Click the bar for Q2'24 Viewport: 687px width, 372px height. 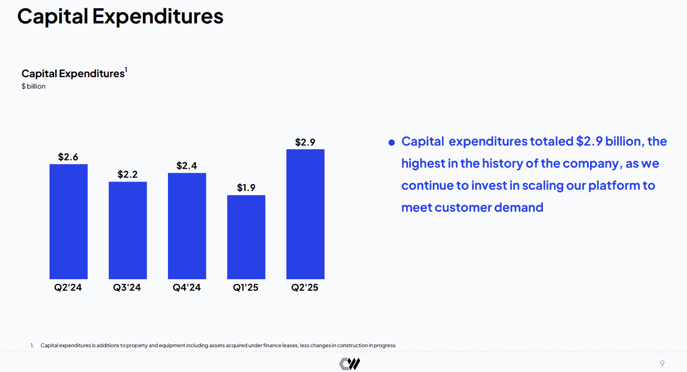68,221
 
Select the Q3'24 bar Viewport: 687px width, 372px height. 128,230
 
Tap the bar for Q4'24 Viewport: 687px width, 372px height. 187,226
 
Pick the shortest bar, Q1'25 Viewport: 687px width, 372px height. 246,237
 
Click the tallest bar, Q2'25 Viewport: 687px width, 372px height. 305,214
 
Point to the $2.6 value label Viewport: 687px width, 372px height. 68,157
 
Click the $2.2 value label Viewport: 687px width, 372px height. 128,175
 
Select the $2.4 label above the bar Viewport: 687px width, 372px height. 187,166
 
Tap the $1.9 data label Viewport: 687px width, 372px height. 246,188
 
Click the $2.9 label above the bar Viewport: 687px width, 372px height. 305,142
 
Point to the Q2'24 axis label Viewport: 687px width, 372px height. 68,288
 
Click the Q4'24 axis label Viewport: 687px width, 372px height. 187,288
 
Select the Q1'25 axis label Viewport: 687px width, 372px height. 246,288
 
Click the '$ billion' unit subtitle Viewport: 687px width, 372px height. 34,86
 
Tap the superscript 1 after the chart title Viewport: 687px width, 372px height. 126,70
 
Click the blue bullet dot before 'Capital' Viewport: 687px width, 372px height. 391,143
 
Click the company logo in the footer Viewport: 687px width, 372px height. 350,364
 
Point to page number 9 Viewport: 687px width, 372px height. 662,364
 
